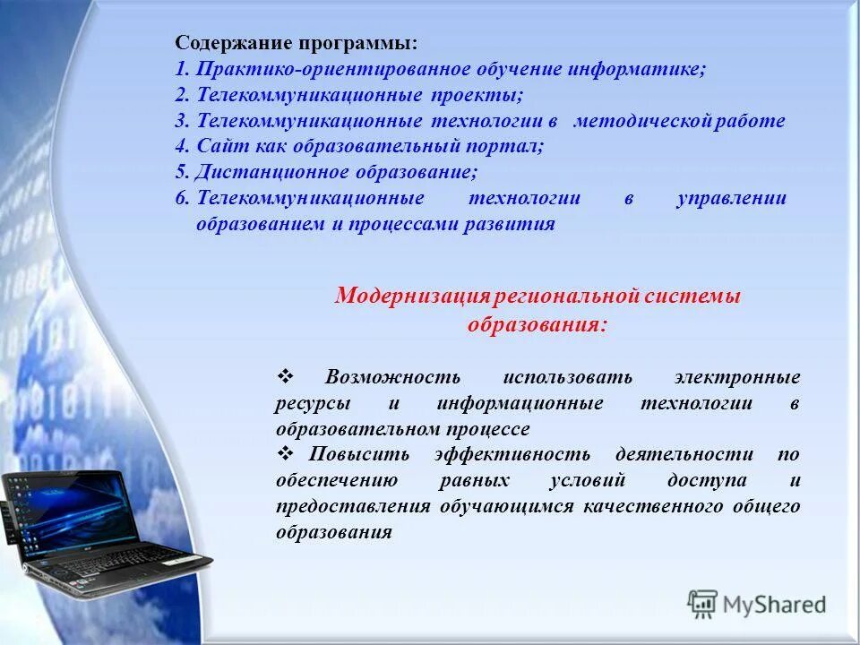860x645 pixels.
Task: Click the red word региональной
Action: [564, 297]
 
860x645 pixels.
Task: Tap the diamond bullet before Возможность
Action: [286, 377]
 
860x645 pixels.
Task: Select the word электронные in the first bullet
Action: [737, 377]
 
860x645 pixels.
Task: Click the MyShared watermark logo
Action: [757, 605]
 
